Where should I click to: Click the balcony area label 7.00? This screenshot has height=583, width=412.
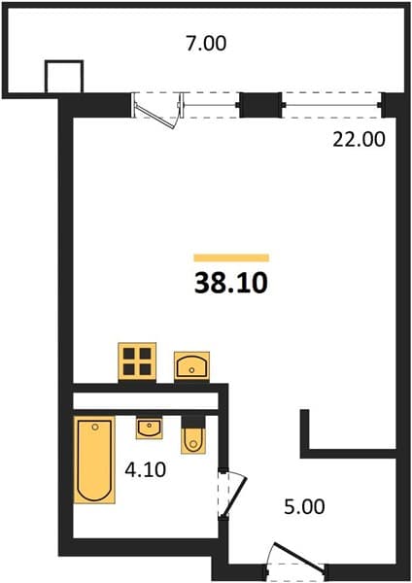click(x=206, y=43)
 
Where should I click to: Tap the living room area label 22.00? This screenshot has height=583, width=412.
click(x=359, y=140)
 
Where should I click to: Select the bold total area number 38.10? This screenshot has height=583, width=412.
click(x=231, y=283)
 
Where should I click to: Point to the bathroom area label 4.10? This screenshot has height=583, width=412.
click(x=146, y=469)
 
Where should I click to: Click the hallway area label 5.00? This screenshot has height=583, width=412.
click(x=304, y=506)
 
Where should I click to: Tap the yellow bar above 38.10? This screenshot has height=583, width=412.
click(x=231, y=257)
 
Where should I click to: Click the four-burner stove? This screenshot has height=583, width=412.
click(x=137, y=361)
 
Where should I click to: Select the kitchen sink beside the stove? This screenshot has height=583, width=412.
click(x=191, y=366)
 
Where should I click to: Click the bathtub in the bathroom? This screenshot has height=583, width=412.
click(x=94, y=460)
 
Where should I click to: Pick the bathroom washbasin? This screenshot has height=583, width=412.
click(x=149, y=428)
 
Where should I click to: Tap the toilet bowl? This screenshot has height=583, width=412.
click(x=193, y=440)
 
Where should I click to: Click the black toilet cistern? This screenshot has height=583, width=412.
click(x=193, y=422)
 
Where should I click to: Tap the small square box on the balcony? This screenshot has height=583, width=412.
click(x=64, y=76)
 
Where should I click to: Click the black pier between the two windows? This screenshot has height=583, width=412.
click(x=260, y=105)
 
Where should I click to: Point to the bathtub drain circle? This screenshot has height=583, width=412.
click(x=95, y=428)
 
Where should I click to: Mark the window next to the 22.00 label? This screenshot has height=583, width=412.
click(x=331, y=105)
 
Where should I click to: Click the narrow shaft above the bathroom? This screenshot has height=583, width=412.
click(x=146, y=401)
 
